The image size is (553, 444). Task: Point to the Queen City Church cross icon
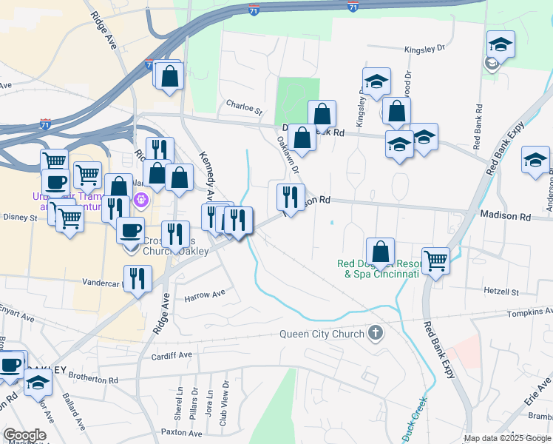(x=376, y=333)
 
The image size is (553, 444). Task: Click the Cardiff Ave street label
(x=171, y=354)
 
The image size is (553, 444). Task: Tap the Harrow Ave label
(x=204, y=295)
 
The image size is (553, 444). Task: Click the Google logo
(x=24, y=435)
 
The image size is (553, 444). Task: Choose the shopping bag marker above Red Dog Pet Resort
(x=380, y=251)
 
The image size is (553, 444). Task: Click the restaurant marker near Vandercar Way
(x=138, y=278)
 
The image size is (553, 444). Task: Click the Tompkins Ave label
(x=530, y=312)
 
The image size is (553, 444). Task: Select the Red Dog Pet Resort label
(x=378, y=268)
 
